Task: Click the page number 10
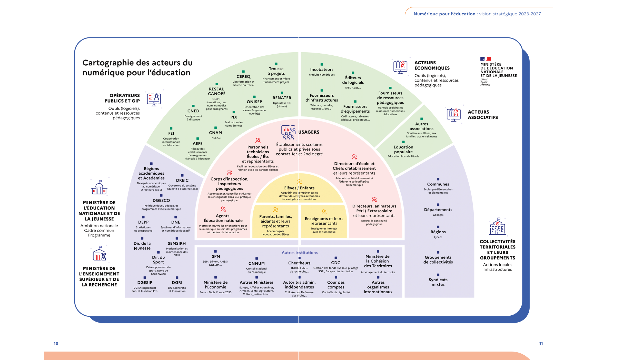56,344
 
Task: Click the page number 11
541,344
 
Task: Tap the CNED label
193,111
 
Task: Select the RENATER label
282,98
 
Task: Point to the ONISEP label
254,102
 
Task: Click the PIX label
234,117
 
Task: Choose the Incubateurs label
322,69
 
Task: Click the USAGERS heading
309,132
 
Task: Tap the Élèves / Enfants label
299,188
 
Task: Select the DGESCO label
161,200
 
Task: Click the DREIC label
182,180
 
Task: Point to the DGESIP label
145,282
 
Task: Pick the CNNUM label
257,263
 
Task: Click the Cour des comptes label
336,285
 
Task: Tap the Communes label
438,184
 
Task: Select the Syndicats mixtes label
438,282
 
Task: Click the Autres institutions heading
300,253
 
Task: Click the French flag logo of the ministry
485,59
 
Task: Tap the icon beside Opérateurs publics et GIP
154,99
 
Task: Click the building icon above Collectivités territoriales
497,227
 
